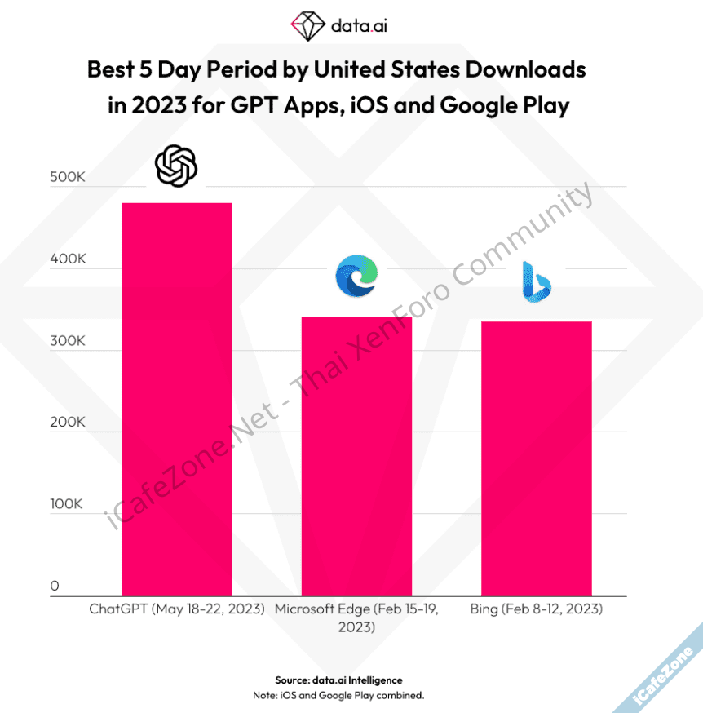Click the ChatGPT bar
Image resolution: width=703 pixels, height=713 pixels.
pos(176,399)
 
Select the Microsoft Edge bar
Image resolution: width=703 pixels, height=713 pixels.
pos(356,456)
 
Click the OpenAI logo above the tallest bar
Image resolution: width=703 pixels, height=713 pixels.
pos(176,166)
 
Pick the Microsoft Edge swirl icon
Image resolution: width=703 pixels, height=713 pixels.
pos(356,276)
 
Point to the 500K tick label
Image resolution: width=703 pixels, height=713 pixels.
pos(68,178)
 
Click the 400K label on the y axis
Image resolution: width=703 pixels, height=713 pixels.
pos(68,259)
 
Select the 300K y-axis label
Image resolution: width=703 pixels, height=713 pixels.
pos(68,341)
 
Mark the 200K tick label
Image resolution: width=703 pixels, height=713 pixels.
pos(68,423)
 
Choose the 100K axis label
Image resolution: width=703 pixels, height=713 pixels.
pos(68,504)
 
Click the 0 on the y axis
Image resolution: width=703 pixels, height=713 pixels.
pos(54,586)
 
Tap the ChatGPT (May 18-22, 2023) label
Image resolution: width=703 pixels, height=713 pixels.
pos(177,609)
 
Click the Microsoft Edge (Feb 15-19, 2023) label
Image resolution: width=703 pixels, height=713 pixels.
pos(356,618)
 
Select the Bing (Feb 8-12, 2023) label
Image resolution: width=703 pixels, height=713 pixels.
pos(536,609)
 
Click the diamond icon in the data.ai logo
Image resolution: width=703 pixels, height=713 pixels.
pos(307,26)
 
